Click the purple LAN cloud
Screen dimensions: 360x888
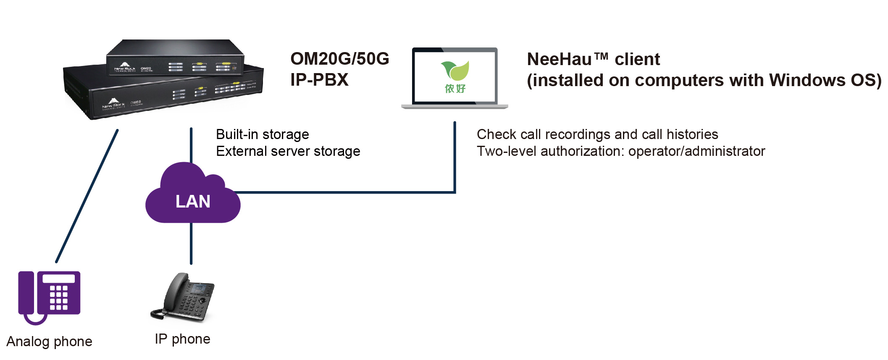pos(193,197)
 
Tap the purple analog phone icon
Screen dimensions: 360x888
pos(49,296)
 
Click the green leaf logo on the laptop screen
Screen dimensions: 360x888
pos(455,70)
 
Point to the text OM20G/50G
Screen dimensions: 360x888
pos(339,59)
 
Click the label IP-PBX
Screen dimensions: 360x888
pos(319,80)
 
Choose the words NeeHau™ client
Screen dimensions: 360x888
pos(593,59)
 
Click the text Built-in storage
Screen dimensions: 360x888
pos(262,134)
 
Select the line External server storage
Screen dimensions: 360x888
pos(288,151)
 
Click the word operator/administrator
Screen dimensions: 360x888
pos(696,151)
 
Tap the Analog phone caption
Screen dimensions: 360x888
pos(49,342)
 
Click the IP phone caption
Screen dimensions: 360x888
pos(182,339)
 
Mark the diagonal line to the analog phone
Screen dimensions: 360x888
pos(87,196)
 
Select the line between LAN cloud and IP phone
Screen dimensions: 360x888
pos(191,244)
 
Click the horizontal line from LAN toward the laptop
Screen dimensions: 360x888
pos(344,192)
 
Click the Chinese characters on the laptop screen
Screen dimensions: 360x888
pos(455,89)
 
